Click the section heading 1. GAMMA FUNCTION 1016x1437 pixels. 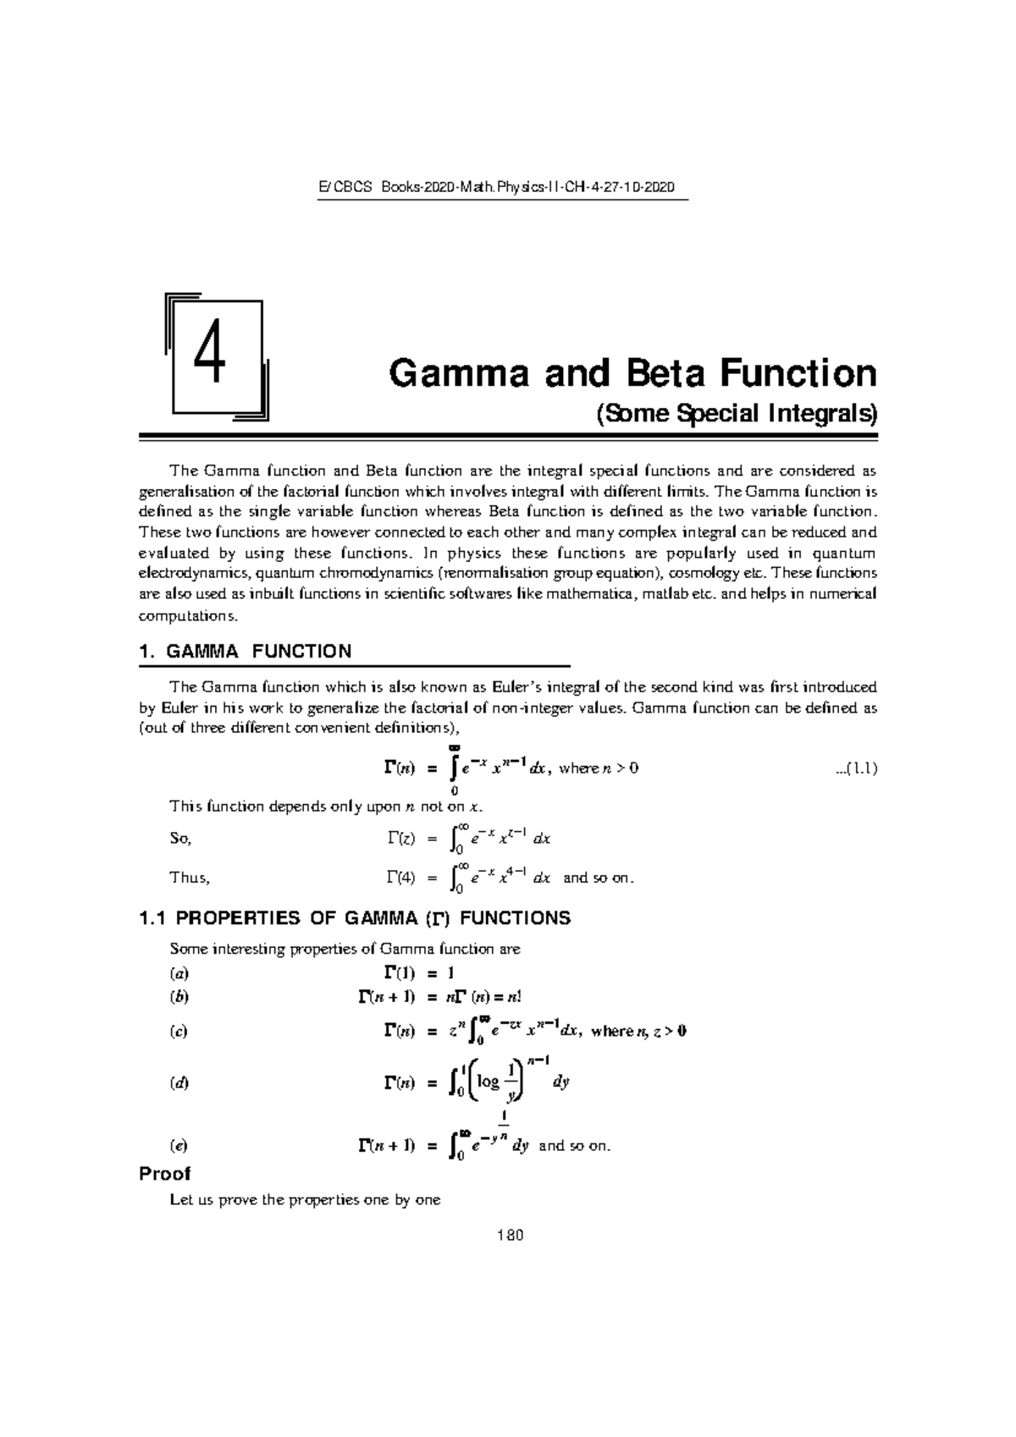tap(245, 651)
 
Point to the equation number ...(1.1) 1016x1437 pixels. tap(855, 768)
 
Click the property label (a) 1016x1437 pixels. tap(179, 972)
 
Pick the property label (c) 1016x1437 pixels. tap(179, 1031)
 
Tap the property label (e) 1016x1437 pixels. tap(179, 1146)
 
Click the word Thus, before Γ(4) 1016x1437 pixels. tap(190, 878)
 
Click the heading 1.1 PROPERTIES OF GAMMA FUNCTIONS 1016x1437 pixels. tap(354, 918)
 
